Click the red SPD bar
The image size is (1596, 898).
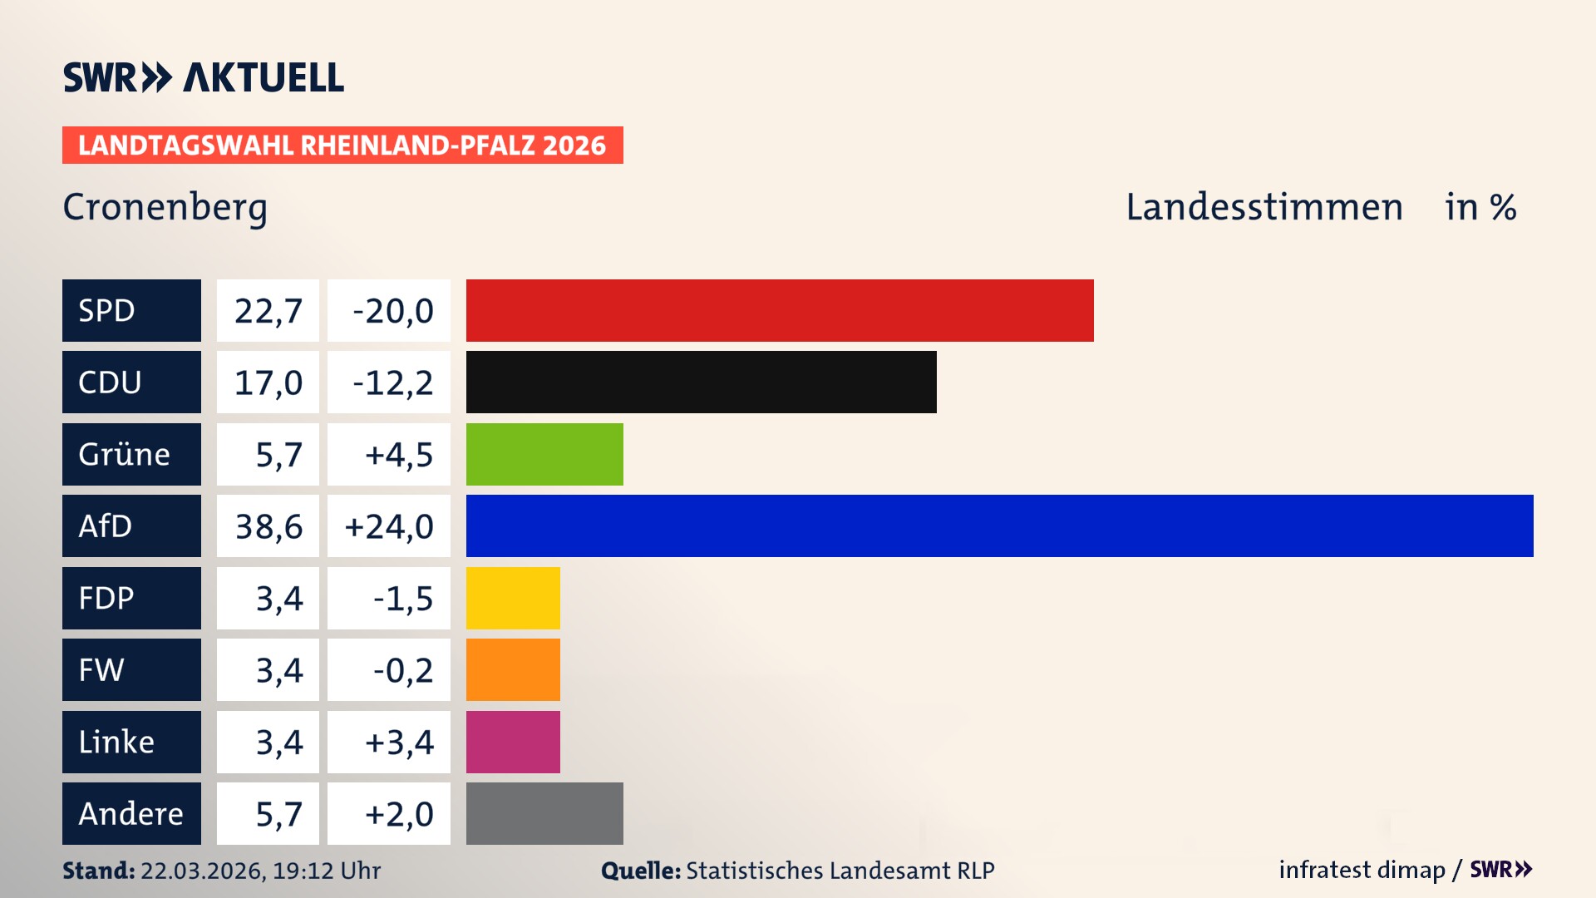(x=780, y=310)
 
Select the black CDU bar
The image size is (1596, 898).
(x=701, y=382)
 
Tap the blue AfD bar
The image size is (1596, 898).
(x=999, y=525)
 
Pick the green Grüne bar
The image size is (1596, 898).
(x=544, y=454)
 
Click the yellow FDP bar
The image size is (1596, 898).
(x=513, y=598)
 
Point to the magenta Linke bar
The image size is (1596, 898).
(x=513, y=742)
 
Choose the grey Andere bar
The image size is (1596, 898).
(x=544, y=813)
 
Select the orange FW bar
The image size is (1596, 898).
(x=513, y=669)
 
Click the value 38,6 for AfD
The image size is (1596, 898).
(x=268, y=526)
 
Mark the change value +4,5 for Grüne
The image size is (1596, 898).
(x=398, y=455)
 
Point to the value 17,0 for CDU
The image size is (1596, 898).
(x=268, y=382)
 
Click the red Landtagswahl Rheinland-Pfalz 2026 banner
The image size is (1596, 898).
(x=342, y=146)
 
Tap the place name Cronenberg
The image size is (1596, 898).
(x=165, y=207)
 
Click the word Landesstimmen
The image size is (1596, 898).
(x=1263, y=207)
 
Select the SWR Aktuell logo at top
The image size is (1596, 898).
(x=204, y=77)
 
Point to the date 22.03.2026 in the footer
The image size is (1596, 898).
(x=203, y=871)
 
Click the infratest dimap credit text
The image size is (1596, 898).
(x=1362, y=870)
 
